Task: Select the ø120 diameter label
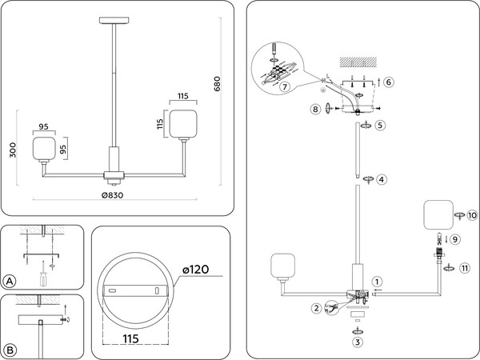tap(194, 269)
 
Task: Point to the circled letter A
tap(10, 281)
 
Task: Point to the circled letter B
tap(10, 350)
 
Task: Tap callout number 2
tap(317, 307)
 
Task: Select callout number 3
tap(358, 342)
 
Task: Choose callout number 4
tap(382, 179)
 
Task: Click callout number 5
tap(381, 125)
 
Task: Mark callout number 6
tap(388, 82)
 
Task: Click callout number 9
tap(454, 238)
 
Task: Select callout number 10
tap(471, 215)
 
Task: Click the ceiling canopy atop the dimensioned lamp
tap(114, 20)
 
